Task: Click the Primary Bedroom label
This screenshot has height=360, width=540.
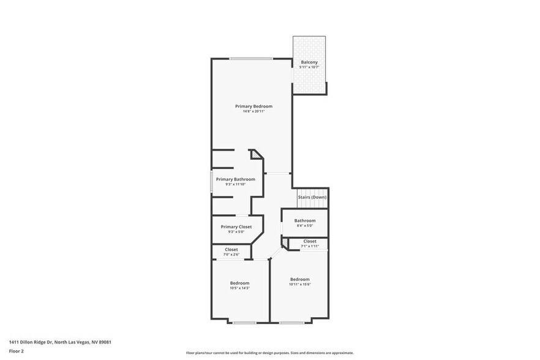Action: pyautogui.click(x=253, y=106)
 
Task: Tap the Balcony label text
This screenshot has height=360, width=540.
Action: pyautogui.click(x=309, y=62)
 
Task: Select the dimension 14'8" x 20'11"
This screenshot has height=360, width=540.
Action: pyautogui.click(x=253, y=111)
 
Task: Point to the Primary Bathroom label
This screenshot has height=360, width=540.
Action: pyautogui.click(x=235, y=179)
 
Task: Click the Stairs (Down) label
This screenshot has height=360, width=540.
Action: pyautogui.click(x=312, y=197)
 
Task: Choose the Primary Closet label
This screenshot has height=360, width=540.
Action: pyautogui.click(x=236, y=227)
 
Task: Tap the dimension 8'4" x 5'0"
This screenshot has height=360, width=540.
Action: pyautogui.click(x=304, y=226)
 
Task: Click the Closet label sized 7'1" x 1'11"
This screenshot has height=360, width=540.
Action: pyautogui.click(x=310, y=241)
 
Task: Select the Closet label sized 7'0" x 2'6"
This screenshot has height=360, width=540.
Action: pyautogui.click(x=231, y=249)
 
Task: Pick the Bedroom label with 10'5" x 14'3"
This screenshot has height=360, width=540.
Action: pyautogui.click(x=239, y=283)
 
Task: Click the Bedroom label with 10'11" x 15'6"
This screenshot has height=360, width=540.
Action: pyautogui.click(x=299, y=279)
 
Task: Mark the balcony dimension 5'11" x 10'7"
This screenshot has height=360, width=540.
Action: pyautogui.click(x=309, y=67)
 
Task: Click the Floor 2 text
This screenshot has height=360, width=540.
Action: pyautogui.click(x=17, y=351)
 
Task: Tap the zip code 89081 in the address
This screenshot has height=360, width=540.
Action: pyautogui.click(x=103, y=342)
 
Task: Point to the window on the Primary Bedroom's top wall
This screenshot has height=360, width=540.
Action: pyautogui.click(x=251, y=59)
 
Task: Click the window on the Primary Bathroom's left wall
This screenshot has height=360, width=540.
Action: pyautogui.click(x=212, y=183)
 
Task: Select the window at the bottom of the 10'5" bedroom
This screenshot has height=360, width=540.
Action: pyautogui.click(x=244, y=322)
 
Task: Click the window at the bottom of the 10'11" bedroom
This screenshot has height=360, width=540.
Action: pyautogui.click(x=291, y=322)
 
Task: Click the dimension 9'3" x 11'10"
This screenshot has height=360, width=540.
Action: pyautogui.click(x=235, y=184)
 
